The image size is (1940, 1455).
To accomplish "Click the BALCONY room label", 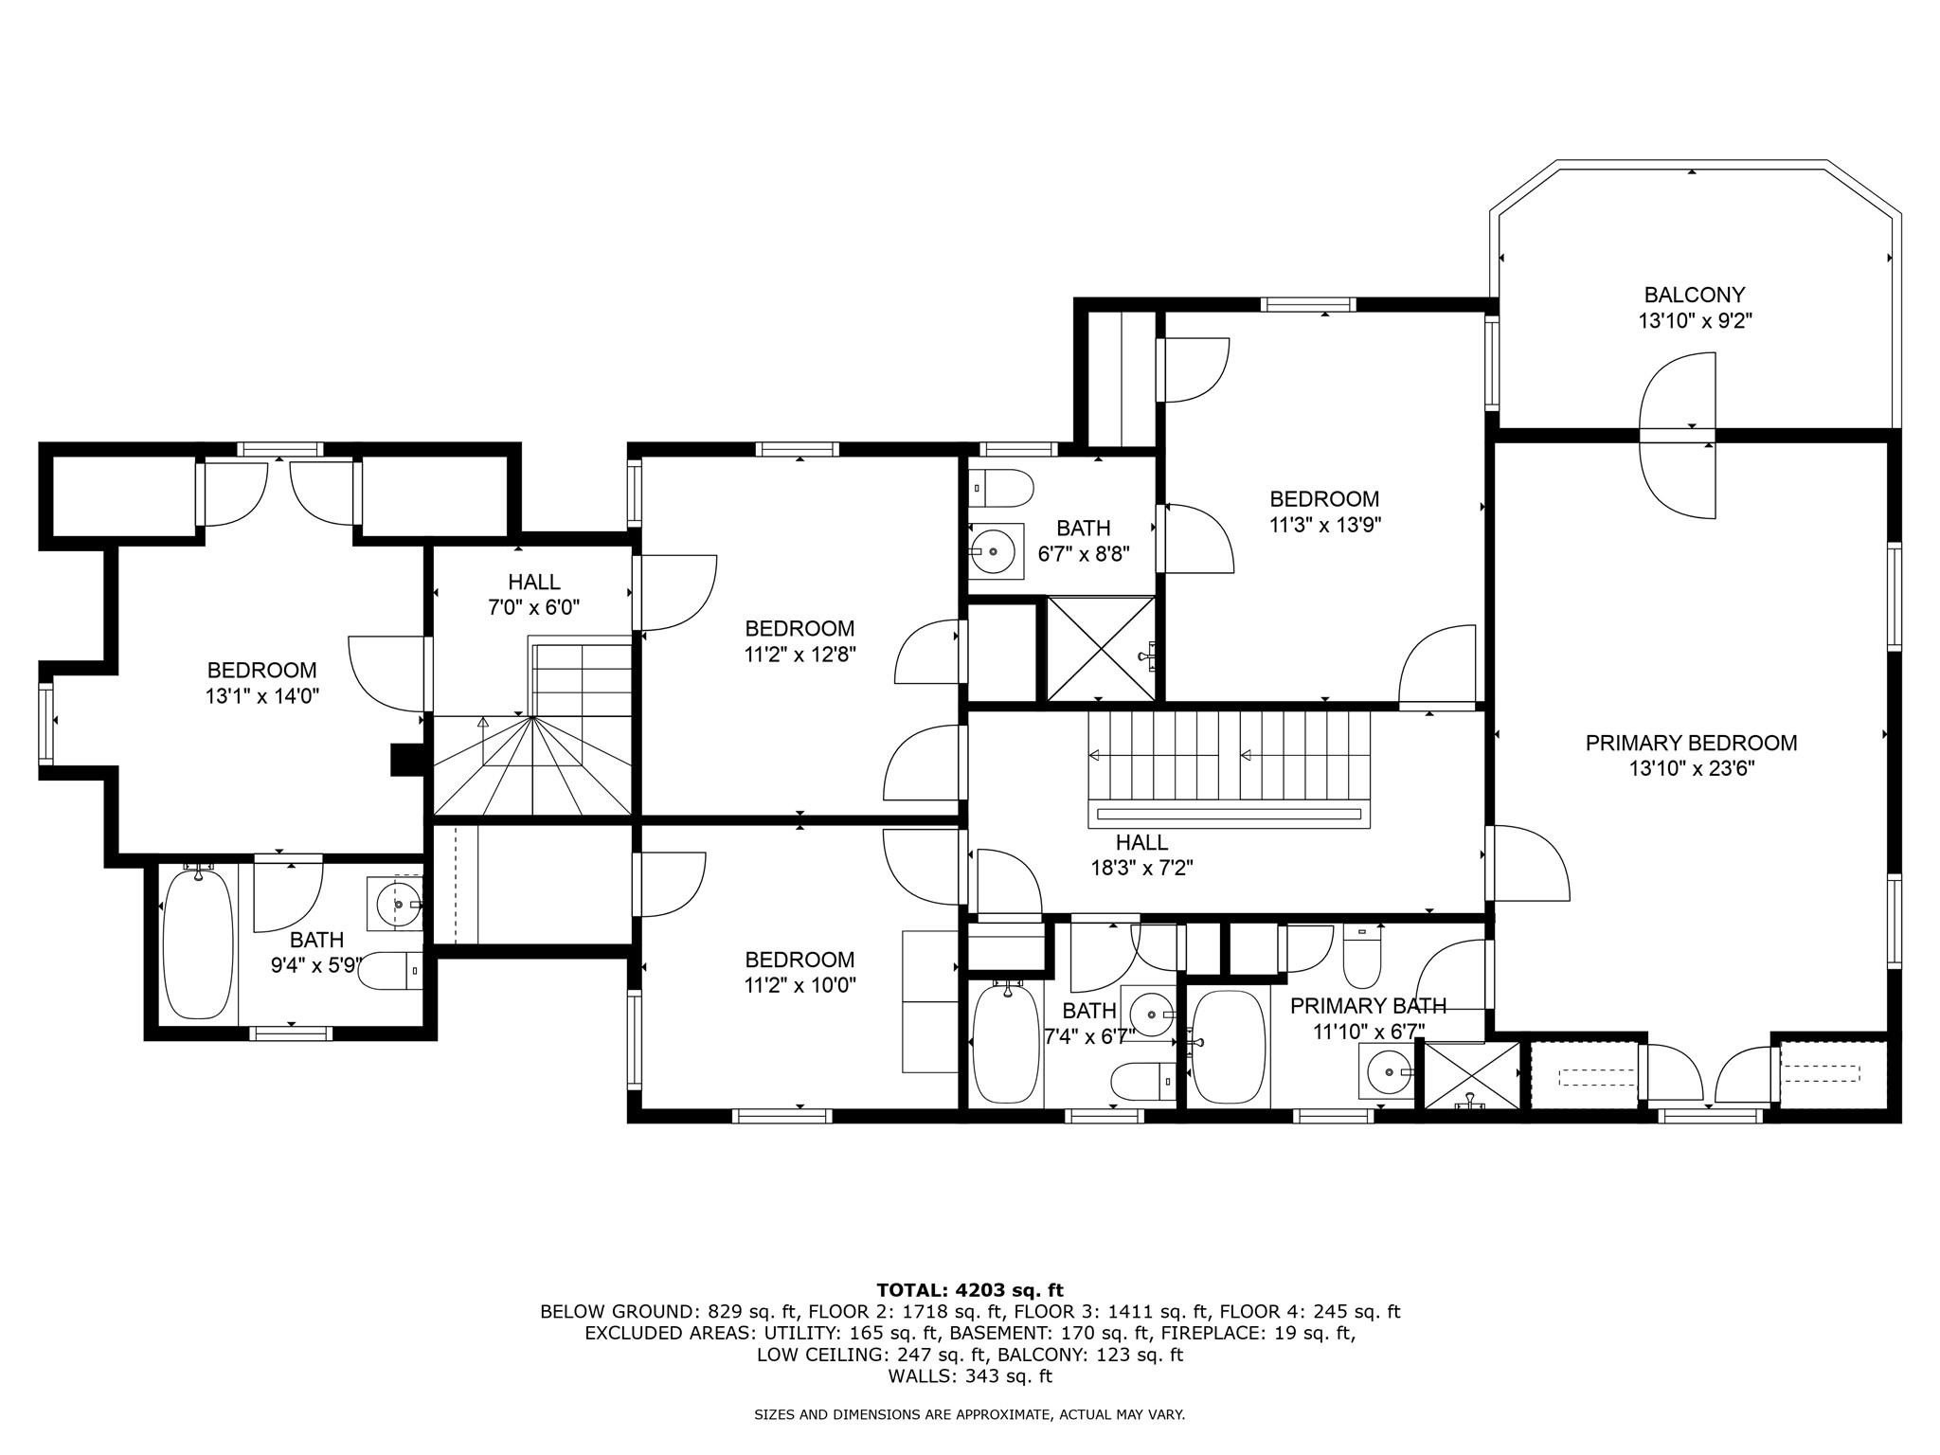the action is pyautogui.click(x=1695, y=295).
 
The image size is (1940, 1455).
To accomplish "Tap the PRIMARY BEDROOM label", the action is pyautogui.click(x=1691, y=744).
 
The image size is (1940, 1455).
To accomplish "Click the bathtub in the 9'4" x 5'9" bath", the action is pyautogui.click(x=198, y=943).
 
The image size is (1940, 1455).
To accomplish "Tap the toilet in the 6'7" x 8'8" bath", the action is pyautogui.click(x=1000, y=488).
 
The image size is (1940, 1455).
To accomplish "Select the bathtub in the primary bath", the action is pyautogui.click(x=1228, y=1046).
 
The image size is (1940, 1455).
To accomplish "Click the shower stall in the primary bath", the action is pyautogui.click(x=1470, y=1074).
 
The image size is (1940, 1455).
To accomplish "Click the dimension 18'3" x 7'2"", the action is pyautogui.click(x=1141, y=868).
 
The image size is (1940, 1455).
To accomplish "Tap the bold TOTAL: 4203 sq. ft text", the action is pyautogui.click(x=970, y=1290).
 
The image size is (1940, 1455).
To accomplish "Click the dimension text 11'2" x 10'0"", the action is pyautogui.click(x=800, y=985).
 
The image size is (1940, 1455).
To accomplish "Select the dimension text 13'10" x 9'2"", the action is pyautogui.click(x=1696, y=321).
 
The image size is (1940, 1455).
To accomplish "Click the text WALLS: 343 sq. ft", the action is pyautogui.click(x=970, y=1376).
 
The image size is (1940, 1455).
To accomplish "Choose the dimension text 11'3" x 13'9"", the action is pyautogui.click(x=1325, y=525).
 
